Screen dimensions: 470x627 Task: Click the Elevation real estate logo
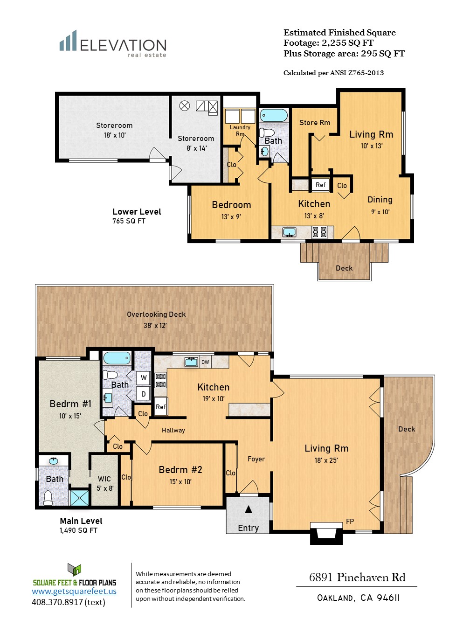[113, 44]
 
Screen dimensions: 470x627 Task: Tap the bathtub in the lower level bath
[274, 115]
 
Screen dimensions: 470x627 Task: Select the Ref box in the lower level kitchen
[320, 185]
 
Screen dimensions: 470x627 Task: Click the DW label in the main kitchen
[205, 362]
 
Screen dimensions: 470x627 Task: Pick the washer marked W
[144, 377]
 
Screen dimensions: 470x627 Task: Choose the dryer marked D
[144, 394]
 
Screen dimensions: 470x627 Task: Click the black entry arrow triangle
[249, 509]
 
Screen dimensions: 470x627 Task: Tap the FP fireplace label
[350, 521]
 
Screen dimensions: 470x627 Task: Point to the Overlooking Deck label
[156, 314]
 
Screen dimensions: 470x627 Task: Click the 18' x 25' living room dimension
[326, 460]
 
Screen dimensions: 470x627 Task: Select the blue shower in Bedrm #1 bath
[79, 498]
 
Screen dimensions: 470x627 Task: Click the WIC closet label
[104, 479]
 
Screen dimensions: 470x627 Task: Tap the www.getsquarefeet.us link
[74, 591]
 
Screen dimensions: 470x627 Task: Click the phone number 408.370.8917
[57, 602]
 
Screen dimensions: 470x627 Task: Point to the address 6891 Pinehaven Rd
[357, 577]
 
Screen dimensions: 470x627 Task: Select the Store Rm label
[315, 123]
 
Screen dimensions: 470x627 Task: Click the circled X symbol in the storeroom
[184, 106]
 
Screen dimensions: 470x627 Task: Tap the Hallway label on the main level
[173, 430]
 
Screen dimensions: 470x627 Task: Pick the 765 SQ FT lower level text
[129, 221]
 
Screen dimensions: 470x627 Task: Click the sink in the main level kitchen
[192, 362]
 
